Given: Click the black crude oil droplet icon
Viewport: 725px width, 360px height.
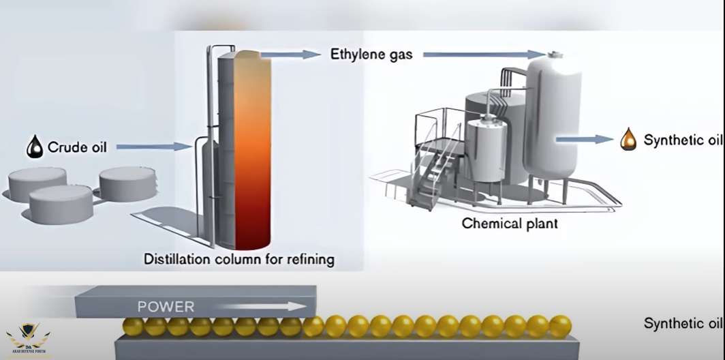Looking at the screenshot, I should click(x=35, y=146).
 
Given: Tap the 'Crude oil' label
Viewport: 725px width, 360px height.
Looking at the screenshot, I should click(x=77, y=147).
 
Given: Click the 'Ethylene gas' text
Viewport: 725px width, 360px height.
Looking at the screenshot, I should click(x=371, y=54).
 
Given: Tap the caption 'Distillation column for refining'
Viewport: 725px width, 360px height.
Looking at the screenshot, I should click(x=239, y=259).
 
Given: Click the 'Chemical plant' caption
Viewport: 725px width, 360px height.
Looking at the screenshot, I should click(x=510, y=223).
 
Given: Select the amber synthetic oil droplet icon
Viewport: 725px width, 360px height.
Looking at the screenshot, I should click(x=628, y=140).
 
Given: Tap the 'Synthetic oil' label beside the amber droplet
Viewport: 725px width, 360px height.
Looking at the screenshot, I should click(x=682, y=140).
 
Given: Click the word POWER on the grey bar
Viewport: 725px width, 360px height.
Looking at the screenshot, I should click(x=166, y=307).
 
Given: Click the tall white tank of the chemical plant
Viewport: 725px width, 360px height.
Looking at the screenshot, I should click(x=552, y=116).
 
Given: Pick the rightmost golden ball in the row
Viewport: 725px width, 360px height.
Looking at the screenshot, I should click(x=560, y=326).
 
